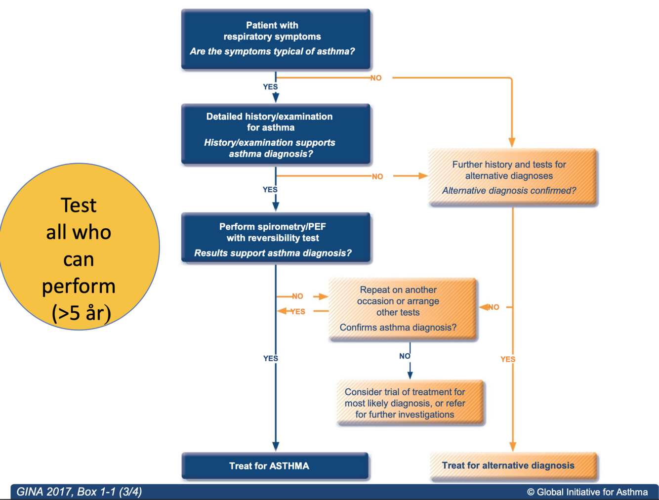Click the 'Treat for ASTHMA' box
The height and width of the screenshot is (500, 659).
click(275, 466)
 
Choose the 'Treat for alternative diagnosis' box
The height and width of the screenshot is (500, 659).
click(513, 466)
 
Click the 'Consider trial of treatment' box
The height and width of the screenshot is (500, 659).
click(410, 403)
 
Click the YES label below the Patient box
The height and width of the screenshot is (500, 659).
click(270, 87)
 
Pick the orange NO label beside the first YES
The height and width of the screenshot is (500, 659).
click(376, 78)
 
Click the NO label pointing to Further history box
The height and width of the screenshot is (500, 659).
click(377, 176)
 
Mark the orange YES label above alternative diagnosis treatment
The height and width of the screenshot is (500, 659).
click(508, 359)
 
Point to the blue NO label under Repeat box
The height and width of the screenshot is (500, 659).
click(405, 356)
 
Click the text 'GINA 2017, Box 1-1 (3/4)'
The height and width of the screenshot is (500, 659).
click(79, 492)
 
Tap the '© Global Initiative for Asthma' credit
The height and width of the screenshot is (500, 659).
click(587, 492)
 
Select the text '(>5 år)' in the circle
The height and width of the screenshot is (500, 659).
click(81, 313)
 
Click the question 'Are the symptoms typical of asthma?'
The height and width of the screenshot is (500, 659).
click(272, 51)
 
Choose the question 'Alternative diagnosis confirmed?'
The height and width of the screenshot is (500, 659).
click(509, 191)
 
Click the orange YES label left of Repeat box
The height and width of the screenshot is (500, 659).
click(297, 312)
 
